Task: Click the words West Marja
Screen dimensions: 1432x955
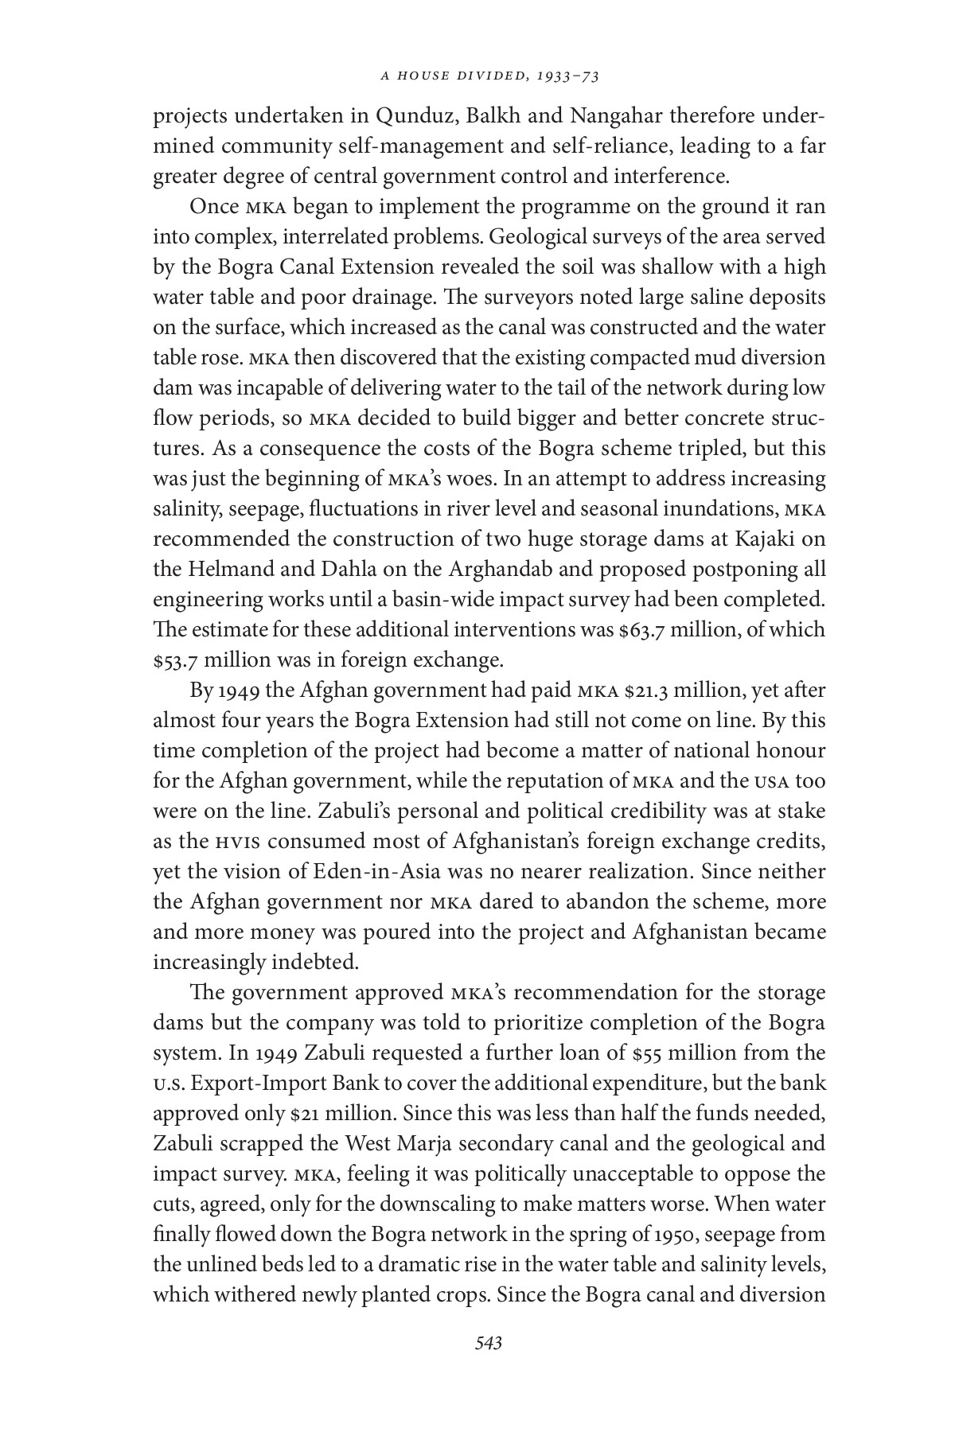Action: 392,1144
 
